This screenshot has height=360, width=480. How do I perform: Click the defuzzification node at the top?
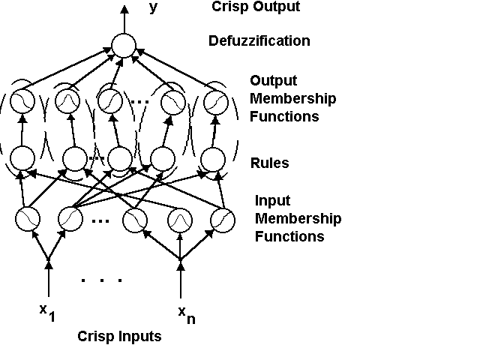123,46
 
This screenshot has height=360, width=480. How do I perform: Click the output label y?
153,7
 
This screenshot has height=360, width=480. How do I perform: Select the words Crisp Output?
255,7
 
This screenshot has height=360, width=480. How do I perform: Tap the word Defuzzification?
259,40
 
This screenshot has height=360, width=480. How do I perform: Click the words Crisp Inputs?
119,336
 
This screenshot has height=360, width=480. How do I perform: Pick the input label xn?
187,314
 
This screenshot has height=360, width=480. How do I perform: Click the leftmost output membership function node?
22,101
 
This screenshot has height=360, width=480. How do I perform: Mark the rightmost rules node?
214,159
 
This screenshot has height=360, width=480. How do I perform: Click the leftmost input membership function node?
28,220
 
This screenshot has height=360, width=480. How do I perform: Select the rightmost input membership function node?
223,220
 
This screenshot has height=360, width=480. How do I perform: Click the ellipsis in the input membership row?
102,221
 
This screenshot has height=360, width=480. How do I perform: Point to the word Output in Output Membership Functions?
273,81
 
